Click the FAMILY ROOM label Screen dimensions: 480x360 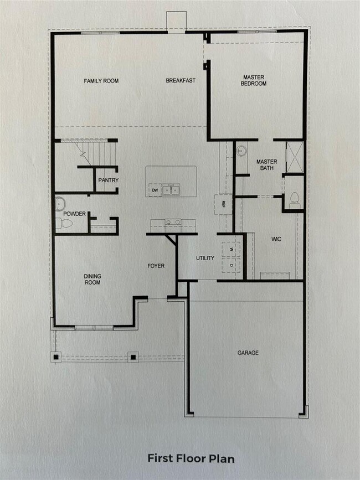pos(101,81)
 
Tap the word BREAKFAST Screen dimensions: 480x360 pos(181,81)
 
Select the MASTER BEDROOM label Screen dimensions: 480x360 pos(255,80)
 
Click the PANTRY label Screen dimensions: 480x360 pos(108,180)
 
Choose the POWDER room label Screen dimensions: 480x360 pos(74,213)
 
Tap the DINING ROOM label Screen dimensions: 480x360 pos(92,279)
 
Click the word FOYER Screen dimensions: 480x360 pos(156,266)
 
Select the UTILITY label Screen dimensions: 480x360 pos(205,259)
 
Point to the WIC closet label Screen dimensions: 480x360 pos(277,240)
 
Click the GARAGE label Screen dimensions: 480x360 pos(248,353)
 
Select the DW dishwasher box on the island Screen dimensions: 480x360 pos(155,190)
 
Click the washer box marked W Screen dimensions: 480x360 pos(232,249)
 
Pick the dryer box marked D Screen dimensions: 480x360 pos(232,265)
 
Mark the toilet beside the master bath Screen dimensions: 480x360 pos(294,199)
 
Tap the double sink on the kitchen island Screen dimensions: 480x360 pos(171,190)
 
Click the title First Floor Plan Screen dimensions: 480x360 pos(191,459)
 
